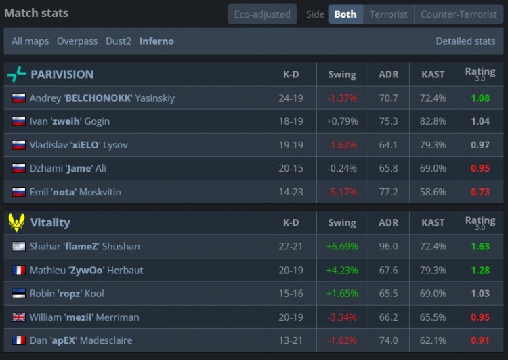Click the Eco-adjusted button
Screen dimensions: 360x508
[262, 14]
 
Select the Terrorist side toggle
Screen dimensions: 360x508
[389, 14]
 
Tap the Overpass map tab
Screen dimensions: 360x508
[77, 41]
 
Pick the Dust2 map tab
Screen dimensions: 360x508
[119, 41]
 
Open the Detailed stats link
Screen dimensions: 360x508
[465, 41]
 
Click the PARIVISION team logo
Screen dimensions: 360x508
[16, 75]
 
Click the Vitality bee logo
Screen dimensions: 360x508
[16, 222]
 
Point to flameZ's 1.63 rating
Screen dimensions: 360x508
[480, 246]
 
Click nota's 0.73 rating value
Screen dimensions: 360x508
[480, 192]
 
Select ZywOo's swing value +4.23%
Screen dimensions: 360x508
[341, 270]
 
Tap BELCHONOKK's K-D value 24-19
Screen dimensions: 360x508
[291, 98]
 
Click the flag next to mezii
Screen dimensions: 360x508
[18, 317]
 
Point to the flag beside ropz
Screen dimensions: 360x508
[18, 294]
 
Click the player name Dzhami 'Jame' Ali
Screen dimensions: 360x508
[68, 168]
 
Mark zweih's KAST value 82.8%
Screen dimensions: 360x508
[433, 121]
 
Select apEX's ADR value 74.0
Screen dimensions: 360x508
[388, 340]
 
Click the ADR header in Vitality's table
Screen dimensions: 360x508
[388, 222]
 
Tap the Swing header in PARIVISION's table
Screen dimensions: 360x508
[341, 75]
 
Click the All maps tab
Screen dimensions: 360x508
[30, 41]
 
